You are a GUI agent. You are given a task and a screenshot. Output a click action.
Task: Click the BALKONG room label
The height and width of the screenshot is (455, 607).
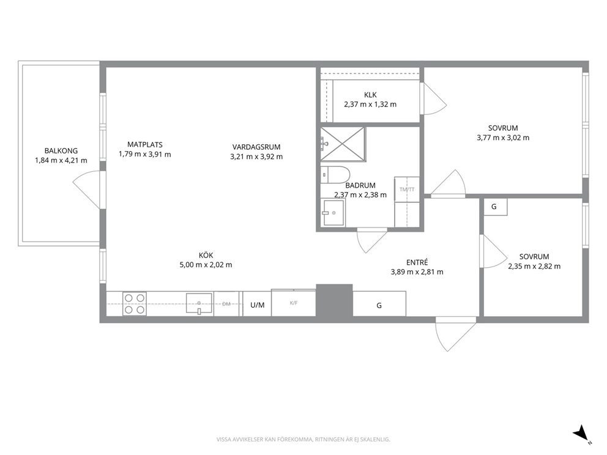[61, 151]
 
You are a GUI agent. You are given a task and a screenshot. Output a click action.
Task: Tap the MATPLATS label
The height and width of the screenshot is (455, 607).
[145, 145]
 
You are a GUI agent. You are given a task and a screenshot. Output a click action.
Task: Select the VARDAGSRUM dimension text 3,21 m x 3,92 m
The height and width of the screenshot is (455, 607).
[256, 157]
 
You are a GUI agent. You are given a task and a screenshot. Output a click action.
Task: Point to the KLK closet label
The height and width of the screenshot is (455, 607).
[370, 95]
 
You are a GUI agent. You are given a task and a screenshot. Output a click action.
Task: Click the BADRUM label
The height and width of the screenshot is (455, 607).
[360, 185]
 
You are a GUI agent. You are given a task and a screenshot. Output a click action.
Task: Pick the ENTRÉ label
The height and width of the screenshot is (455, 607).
[417, 262]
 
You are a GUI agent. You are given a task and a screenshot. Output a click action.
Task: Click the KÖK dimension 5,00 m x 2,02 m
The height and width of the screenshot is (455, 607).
[206, 265]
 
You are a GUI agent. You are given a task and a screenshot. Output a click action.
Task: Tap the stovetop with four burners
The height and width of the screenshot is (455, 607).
[135, 304]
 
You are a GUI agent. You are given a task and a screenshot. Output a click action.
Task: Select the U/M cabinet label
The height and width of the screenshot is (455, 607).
[258, 305]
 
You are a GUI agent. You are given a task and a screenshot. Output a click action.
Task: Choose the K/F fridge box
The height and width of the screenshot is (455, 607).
[294, 303]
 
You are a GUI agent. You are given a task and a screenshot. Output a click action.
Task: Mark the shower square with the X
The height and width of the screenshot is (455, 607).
[343, 144]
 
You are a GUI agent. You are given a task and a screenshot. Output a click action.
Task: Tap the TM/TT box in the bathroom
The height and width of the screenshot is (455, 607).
[407, 189]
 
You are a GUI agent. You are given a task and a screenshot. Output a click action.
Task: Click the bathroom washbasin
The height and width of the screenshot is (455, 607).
[333, 212]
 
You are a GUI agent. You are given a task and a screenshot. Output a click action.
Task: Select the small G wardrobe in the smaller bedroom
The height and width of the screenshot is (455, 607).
[494, 207]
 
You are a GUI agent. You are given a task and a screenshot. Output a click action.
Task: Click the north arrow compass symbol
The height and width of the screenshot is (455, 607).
[581, 434]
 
